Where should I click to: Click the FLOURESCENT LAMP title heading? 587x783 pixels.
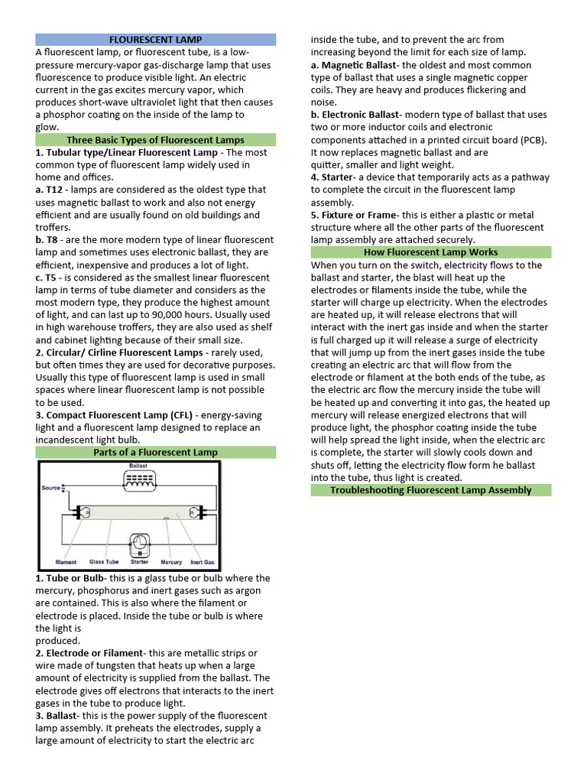pos(155,39)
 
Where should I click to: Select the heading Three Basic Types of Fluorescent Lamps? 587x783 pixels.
pos(155,140)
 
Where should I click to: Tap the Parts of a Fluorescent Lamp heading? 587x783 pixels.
pos(155,452)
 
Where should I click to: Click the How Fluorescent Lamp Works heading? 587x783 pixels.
pos(430,252)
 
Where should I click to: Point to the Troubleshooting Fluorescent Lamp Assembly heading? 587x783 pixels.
pos(430,490)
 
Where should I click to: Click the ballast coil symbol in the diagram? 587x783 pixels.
pos(139,480)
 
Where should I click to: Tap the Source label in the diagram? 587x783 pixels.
pos(51,487)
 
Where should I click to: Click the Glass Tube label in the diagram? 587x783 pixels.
pos(104,561)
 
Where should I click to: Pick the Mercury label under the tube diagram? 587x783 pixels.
pos(171,561)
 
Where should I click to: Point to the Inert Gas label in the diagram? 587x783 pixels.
pos(202,561)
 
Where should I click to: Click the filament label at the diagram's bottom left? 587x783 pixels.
pos(66,561)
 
